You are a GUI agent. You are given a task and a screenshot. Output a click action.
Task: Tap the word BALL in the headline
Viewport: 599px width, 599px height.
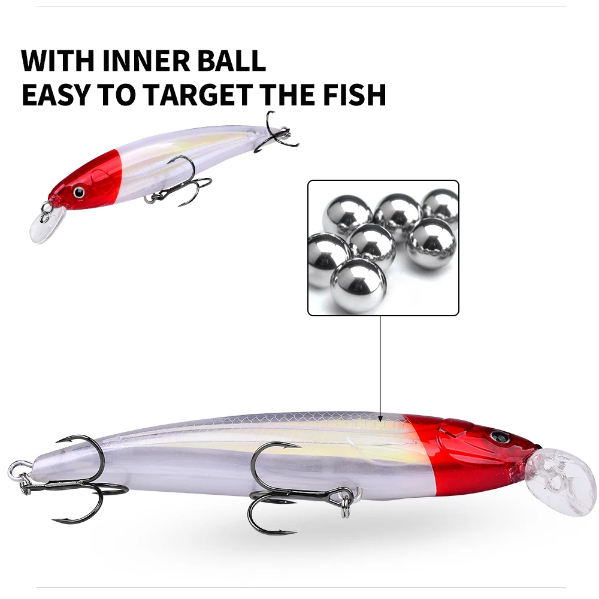coord(231,60)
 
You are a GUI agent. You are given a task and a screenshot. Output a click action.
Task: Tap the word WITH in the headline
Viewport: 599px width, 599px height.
coord(58,60)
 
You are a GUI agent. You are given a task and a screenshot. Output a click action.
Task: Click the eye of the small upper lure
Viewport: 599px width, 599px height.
coord(79,192)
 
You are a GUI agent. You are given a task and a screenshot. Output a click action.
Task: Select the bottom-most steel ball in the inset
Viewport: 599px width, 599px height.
coord(358,285)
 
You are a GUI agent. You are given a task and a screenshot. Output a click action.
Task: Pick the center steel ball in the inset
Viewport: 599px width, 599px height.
coord(372,244)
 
